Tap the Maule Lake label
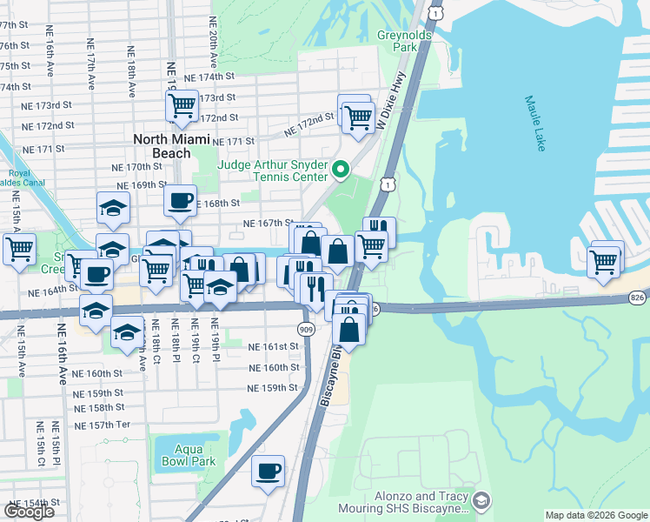[x=535, y=124]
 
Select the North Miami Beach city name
[x=172, y=146]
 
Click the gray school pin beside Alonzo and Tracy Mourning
[x=481, y=500]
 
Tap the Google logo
[x=29, y=511]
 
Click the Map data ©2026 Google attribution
[x=596, y=515]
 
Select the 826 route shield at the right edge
[x=639, y=298]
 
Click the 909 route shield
[x=305, y=329]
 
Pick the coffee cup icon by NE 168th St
[x=180, y=200]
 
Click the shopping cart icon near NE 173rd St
[x=182, y=105]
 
